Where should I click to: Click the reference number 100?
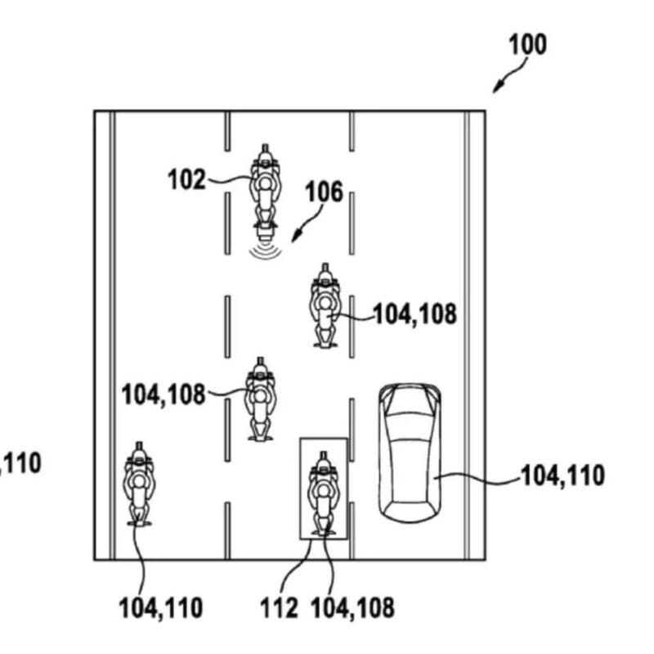click(526, 44)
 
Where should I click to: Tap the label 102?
click(187, 178)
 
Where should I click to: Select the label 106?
click(324, 194)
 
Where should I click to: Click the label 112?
click(280, 607)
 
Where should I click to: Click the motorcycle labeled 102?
click(264, 187)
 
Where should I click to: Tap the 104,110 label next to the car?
click(562, 475)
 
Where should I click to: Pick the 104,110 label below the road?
click(160, 607)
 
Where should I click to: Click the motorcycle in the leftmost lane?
click(139, 484)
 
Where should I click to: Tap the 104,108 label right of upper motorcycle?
click(414, 313)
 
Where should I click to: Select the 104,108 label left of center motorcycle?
click(163, 395)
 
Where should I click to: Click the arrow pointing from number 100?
click(508, 79)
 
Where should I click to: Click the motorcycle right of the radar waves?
click(325, 305)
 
